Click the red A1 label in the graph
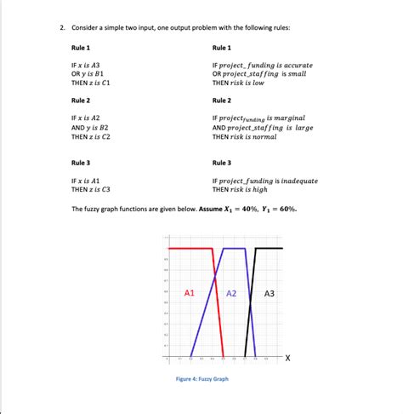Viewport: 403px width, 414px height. (x=190, y=293)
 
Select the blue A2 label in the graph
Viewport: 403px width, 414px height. (x=231, y=293)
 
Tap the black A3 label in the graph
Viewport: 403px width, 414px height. (x=270, y=293)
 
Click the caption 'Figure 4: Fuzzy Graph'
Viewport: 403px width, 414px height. (x=201, y=379)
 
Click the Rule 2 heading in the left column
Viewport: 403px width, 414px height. (x=82, y=101)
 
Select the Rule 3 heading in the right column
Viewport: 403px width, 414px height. (x=221, y=163)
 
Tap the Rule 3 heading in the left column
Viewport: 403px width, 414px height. (x=82, y=163)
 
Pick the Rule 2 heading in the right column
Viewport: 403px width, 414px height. (x=221, y=101)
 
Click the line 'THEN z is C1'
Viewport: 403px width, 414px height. (x=92, y=83)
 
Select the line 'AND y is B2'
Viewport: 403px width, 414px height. (x=91, y=127)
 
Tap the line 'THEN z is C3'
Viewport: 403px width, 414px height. (x=92, y=189)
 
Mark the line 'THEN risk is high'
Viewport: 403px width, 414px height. (x=242, y=189)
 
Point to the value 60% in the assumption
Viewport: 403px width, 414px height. (x=288, y=208)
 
